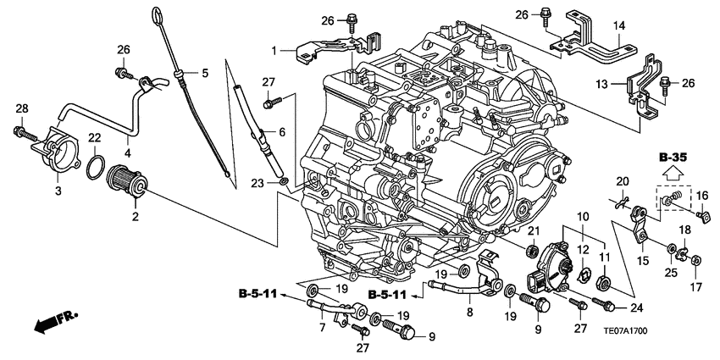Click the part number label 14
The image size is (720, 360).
pos(619,26)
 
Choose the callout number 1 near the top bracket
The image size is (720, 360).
pos(274,52)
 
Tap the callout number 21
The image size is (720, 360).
pos(534,232)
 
